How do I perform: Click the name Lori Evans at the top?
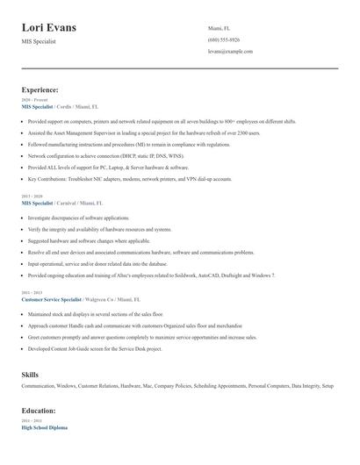pyautogui.click(x=49, y=27)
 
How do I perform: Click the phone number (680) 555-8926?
pyautogui.click(x=224, y=39)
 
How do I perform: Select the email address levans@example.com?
pyautogui.click(x=230, y=52)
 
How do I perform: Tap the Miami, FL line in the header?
pyautogui.click(x=220, y=28)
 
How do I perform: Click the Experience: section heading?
pyautogui.click(x=40, y=89)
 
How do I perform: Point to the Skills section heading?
pyautogui.click(x=30, y=375)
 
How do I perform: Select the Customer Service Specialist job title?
pyautogui.click(x=53, y=298)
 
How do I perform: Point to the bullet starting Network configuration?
pyautogui.click(x=111, y=155)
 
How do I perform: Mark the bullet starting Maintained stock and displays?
pyautogui.click(x=96, y=313)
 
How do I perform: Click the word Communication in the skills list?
pyautogui.click(x=39, y=386)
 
